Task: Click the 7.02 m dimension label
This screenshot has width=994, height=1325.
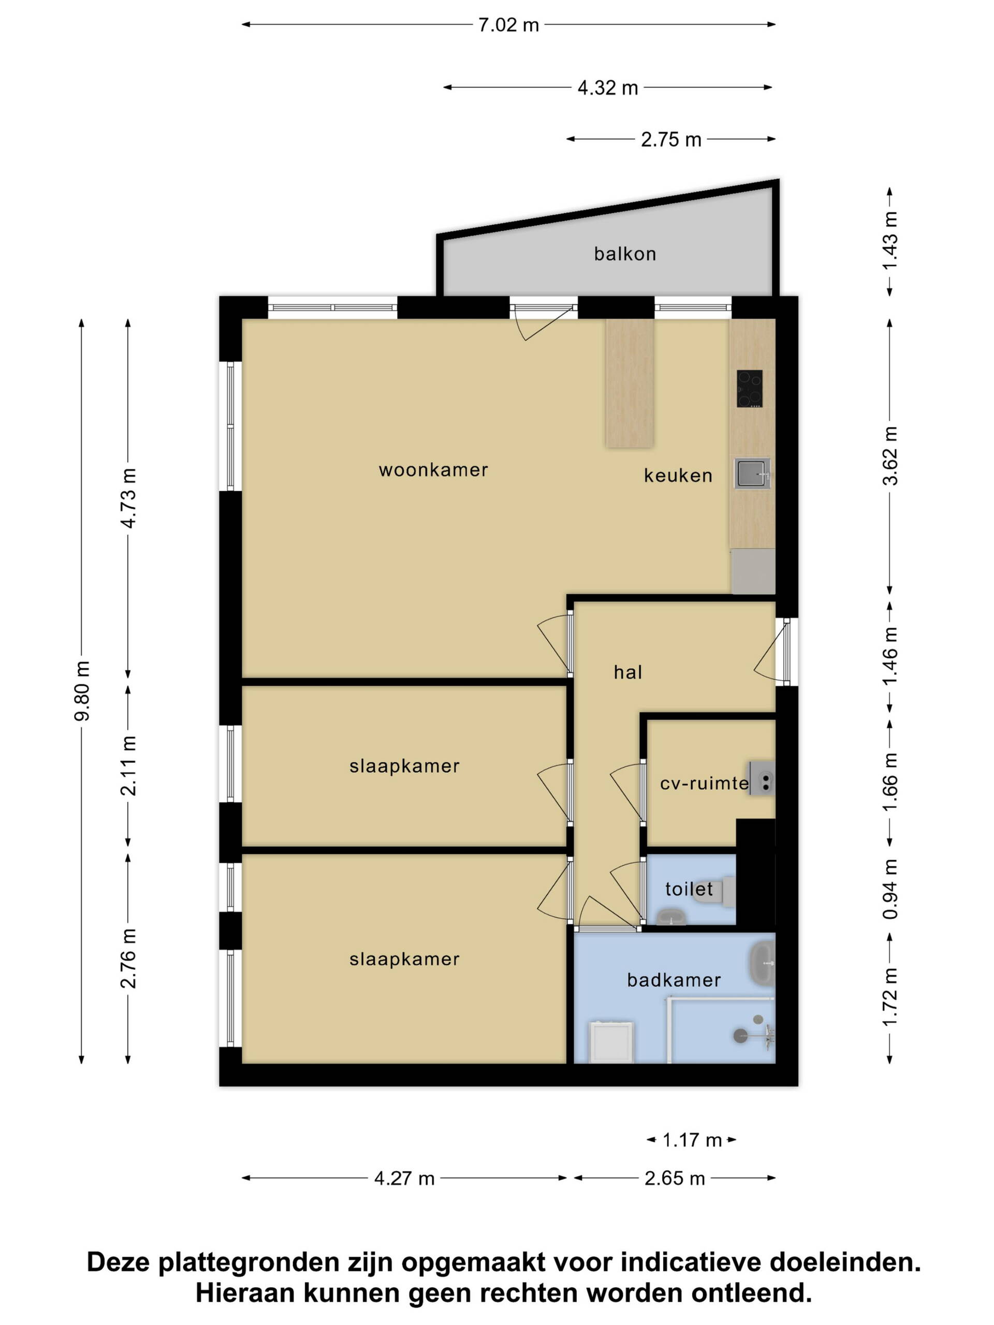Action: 508,25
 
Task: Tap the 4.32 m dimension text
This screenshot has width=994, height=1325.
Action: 607,88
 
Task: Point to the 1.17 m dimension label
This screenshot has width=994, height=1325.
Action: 692,1140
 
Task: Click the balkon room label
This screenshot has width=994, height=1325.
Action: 625,254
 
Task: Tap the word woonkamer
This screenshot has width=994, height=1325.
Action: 433,469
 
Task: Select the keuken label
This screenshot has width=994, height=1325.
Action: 678,475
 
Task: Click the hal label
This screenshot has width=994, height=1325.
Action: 628,672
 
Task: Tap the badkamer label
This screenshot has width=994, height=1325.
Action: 674,980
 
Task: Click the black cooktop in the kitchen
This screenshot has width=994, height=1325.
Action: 750,389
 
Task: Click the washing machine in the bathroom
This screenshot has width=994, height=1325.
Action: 611,1042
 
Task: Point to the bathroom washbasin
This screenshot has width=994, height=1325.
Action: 762,964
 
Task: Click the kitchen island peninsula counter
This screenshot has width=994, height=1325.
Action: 629,383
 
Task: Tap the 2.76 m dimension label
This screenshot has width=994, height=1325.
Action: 128,958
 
